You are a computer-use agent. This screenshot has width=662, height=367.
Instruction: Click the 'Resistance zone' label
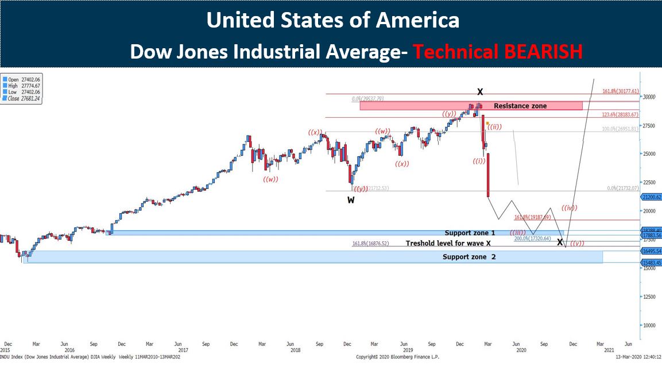coord(520,106)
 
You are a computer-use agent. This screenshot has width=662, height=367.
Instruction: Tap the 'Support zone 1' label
coord(470,233)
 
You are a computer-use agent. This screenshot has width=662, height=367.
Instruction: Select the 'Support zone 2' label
coord(469,257)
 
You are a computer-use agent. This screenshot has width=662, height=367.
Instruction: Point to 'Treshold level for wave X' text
coord(448,244)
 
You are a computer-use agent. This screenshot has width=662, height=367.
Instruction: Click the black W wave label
coord(350,200)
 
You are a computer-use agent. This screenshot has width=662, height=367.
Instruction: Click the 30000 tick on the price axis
coord(650,97)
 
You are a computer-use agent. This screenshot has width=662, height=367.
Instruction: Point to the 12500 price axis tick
coord(650,296)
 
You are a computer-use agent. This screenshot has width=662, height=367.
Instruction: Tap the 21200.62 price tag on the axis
coord(651,197)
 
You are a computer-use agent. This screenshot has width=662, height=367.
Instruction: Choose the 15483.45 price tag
coord(651,262)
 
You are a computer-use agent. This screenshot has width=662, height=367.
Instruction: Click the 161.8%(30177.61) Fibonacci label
coord(620,91)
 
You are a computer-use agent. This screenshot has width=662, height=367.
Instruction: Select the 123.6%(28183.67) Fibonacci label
coord(620,115)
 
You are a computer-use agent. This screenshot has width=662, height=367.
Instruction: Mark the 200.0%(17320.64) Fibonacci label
coord(532,238)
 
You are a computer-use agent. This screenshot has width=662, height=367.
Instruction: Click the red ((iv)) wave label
coord(569,208)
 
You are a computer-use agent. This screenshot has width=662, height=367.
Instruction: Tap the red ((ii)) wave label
coord(494,127)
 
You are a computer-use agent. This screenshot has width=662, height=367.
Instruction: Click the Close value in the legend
coord(30,98)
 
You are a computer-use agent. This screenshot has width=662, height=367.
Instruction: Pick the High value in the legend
coord(30,86)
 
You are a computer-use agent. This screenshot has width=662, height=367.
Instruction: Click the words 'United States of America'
coord(332,21)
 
